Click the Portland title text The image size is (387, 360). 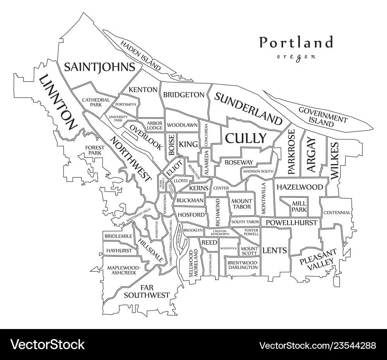296,42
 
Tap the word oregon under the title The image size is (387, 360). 296,57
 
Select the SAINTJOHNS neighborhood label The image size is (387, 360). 99,67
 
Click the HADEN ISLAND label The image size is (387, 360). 140,55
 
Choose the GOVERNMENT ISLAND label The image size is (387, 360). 322,117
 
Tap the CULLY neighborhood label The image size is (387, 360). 246,138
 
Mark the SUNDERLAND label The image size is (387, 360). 248,109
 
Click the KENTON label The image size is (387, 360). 143,90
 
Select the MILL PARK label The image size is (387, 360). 299,206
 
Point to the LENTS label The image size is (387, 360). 275,250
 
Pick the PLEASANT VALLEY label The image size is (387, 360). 317,261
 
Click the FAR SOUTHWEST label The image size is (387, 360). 146,291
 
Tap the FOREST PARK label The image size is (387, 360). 95,150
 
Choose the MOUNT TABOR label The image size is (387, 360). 241,204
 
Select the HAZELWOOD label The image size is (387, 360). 300,187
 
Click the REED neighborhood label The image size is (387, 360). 209,242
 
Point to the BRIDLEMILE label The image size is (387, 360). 118,236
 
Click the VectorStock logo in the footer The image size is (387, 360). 47,344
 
